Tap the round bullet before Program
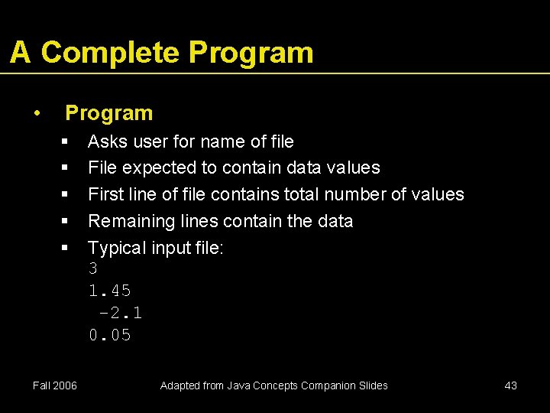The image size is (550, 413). point(37,113)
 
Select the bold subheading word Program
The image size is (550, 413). point(108,113)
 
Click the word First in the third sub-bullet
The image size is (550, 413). point(105,194)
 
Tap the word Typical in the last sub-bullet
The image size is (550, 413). point(115,248)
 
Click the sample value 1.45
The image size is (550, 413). point(110,291)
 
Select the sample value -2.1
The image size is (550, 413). point(121,314)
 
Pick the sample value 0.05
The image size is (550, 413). point(110,336)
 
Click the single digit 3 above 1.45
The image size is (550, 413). point(93,269)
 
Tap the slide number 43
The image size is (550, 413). point(511,385)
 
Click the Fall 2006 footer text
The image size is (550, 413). point(54,385)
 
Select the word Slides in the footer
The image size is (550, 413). point(371,385)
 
